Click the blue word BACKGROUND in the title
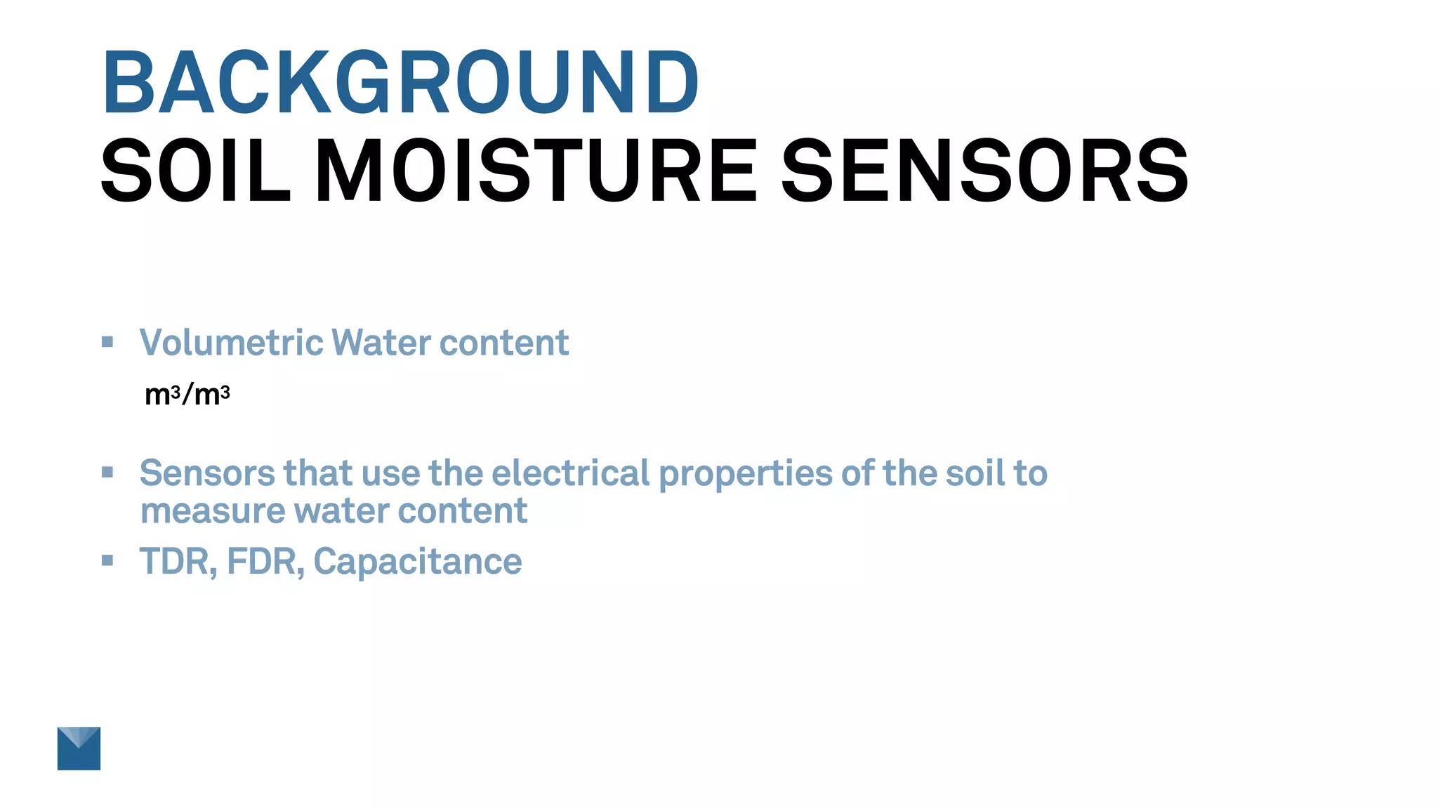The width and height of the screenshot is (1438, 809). [x=400, y=83]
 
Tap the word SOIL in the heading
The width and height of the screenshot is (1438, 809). [x=195, y=171]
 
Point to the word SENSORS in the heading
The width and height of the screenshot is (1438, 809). [x=984, y=171]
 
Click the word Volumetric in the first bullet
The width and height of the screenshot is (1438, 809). [x=231, y=343]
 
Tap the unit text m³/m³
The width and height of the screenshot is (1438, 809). [x=187, y=395]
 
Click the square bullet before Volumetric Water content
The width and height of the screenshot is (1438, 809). [x=107, y=342]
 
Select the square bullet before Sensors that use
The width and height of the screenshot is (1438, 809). [x=107, y=472]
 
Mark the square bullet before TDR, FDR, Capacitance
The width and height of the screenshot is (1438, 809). [x=107, y=560]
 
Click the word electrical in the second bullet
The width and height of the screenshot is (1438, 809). [x=570, y=473]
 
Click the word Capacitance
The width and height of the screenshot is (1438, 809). [x=418, y=562]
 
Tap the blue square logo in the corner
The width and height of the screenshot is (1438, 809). [x=79, y=748]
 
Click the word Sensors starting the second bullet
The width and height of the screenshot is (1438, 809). [x=206, y=473]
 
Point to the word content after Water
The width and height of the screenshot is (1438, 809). [x=504, y=343]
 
